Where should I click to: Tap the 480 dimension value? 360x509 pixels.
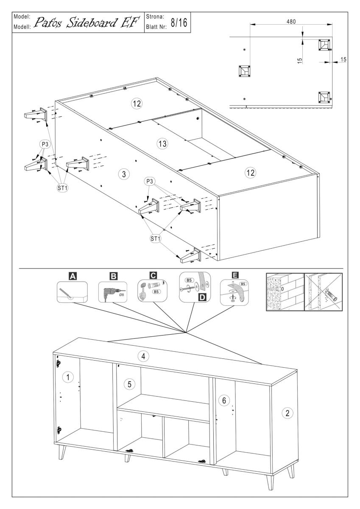click(290, 21)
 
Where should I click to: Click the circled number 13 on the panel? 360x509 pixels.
click(161, 144)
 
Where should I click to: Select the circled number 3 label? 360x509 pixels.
click(123, 174)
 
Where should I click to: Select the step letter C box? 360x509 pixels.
click(154, 276)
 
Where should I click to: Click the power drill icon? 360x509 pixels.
click(109, 291)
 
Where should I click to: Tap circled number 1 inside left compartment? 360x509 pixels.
click(67, 376)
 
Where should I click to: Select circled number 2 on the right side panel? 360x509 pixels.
click(287, 413)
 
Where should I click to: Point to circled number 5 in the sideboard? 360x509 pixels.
click(130, 384)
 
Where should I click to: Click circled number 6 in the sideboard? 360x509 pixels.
click(225, 400)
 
